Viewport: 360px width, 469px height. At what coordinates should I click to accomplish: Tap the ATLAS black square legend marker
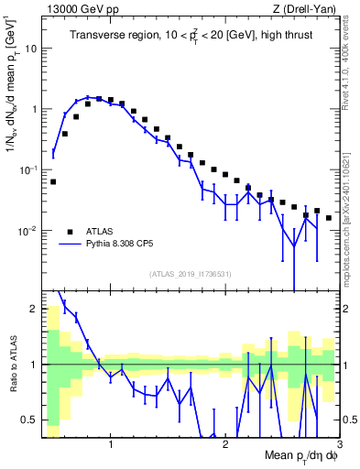tap(68, 232)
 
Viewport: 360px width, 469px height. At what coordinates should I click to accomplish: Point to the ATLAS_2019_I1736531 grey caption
tap(190, 274)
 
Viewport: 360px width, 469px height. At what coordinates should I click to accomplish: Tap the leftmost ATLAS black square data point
tap(53, 181)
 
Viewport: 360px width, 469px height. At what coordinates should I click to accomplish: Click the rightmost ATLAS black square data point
tap(328, 218)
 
